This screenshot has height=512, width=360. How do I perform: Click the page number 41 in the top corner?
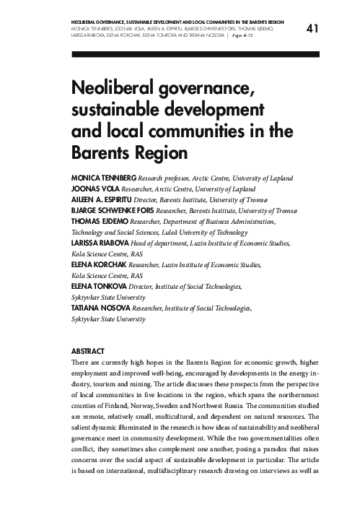pyautogui.click(x=312, y=29)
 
